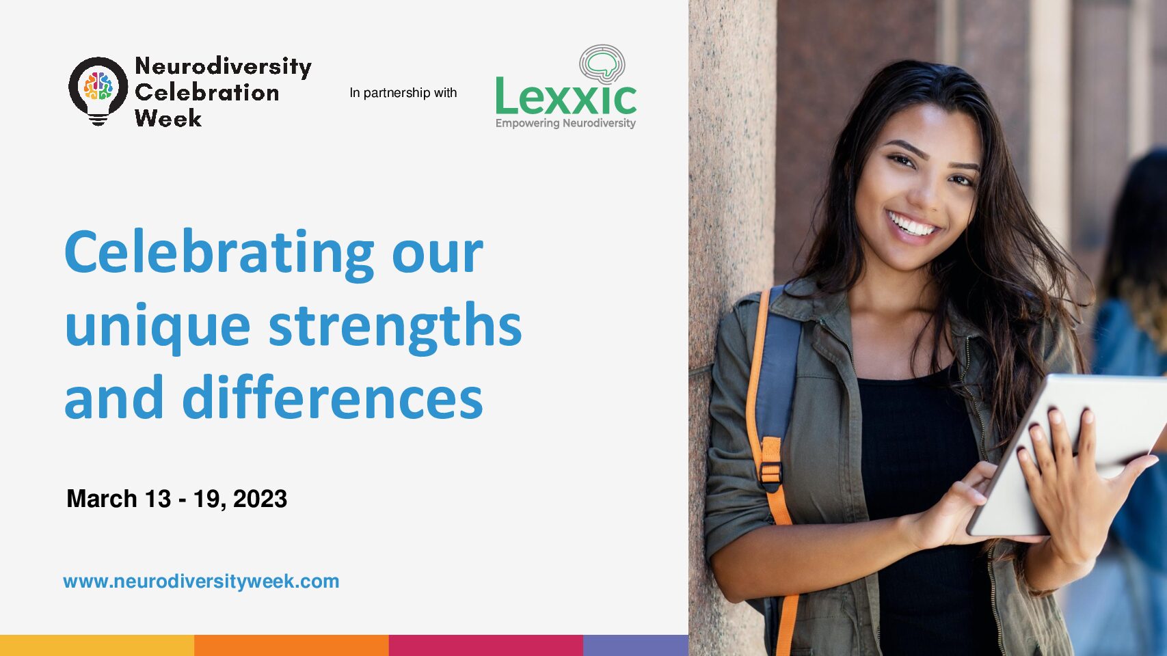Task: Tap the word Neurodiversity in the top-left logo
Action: pos(223,67)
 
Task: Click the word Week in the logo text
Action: pos(167,118)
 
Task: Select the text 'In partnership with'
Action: pos(403,93)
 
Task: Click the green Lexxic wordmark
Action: pos(566,96)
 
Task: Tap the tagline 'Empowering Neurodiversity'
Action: pos(565,124)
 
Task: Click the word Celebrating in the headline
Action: pos(219,254)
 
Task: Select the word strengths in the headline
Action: pos(395,327)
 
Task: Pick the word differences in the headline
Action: pos(332,397)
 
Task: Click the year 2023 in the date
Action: pos(260,499)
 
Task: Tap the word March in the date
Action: pos(102,499)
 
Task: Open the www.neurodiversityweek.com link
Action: pos(201,582)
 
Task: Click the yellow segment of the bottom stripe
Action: pos(97,646)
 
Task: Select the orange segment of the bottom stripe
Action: pos(291,646)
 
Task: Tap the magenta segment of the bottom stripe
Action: pos(485,646)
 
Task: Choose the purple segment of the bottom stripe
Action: pos(636,646)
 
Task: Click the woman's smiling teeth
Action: pos(912,224)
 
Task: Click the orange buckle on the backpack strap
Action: pos(771,466)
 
